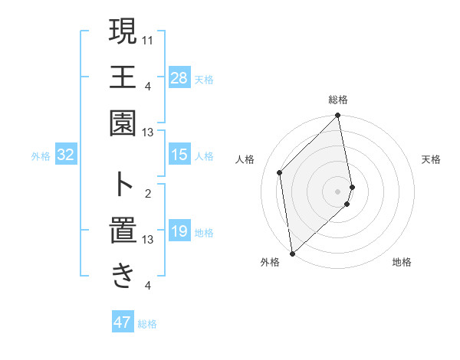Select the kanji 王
tap(123, 77)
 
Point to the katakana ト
tap(123, 184)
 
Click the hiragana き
tap(123, 276)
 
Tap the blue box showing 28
tap(179, 77)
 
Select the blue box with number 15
tap(179, 155)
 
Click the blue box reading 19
tap(179, 232)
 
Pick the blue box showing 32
tap(66, 155)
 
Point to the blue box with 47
tap(123, 322)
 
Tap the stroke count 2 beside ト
tap(148, 193)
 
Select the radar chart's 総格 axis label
tap(338, 100)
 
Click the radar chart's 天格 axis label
tap(432, 159)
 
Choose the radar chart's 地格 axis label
tap(402, 263)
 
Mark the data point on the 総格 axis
tap(338, 116)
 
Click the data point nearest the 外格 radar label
tap(292, 253)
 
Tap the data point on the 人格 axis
tap(281, 172)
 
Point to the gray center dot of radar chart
tap(338, 191)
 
